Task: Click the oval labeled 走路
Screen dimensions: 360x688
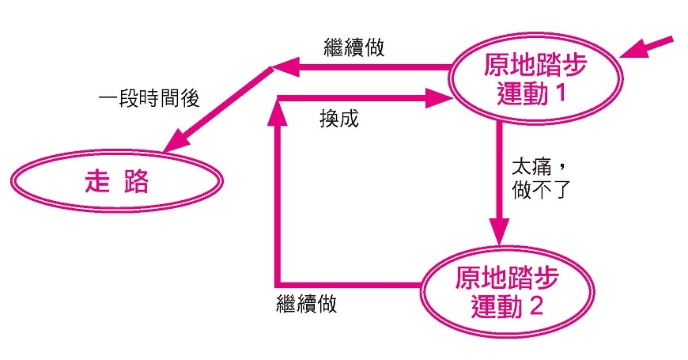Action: point(115,183)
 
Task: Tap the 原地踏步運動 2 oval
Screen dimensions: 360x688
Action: point(506,290)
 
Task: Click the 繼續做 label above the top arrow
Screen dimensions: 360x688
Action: point(354,47)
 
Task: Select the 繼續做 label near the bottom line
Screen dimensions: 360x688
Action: point(307,303)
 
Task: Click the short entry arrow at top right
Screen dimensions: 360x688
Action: point(647,47)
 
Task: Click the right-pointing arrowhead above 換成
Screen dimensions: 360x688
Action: point(437,99)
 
